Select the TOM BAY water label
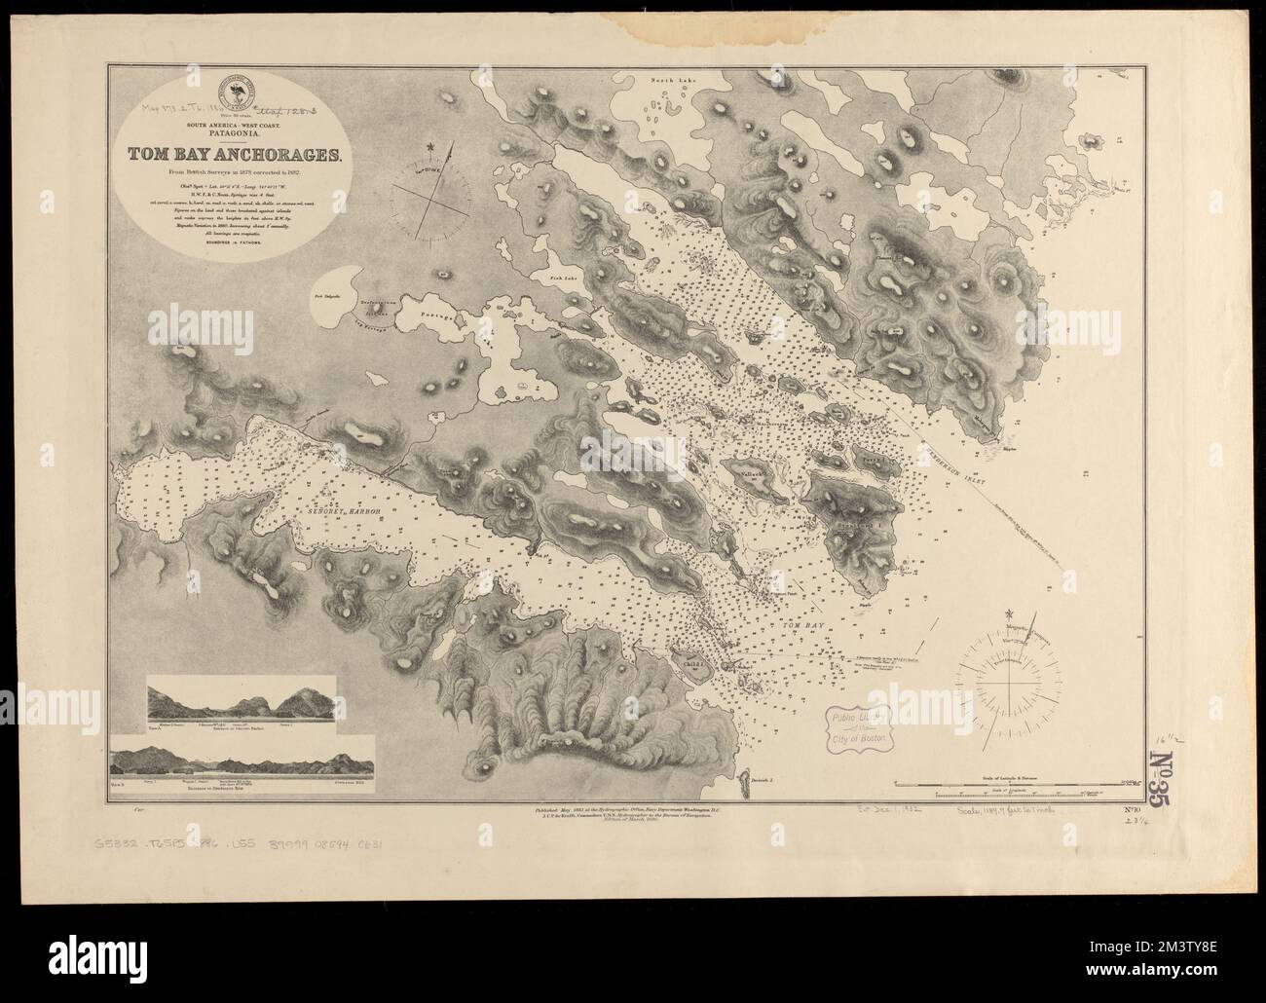(797, 629)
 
